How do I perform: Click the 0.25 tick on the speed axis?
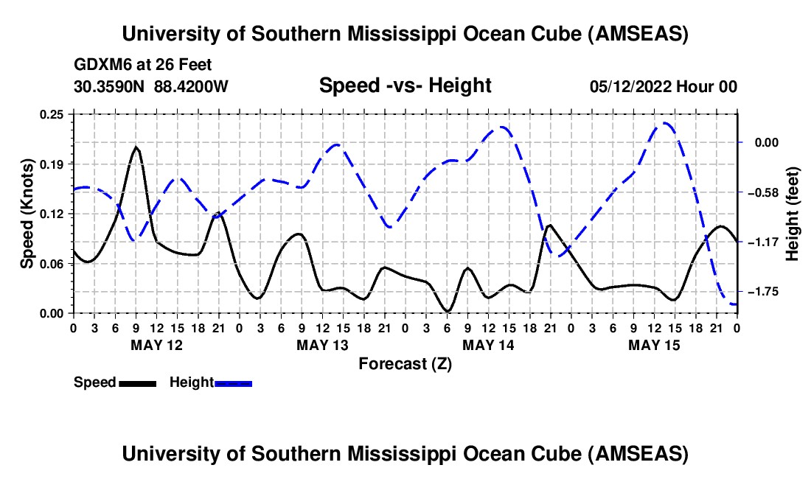tap(52, 114)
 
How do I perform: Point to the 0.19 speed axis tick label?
tap(52, 164)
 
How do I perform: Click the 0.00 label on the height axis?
tap(767, 143)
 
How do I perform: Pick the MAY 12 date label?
tap(157, 345)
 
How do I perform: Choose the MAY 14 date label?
tap(488, 345)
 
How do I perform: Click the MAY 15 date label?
tap(654, 345)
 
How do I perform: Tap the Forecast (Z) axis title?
tap(405, 364)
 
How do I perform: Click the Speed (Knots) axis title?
tap(27, 214)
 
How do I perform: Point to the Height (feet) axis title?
tap(792, 214)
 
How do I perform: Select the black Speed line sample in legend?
tap(138, 384)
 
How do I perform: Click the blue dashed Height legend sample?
tap(233, 384)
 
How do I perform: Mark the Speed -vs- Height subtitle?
tap(405, 85)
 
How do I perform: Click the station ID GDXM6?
tap(99, 65)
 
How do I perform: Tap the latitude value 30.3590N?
tap(109, 86)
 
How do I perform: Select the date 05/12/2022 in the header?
tap(630, 86)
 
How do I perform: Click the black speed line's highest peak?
tap(136, 147)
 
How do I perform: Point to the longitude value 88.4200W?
tap(191, 86)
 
